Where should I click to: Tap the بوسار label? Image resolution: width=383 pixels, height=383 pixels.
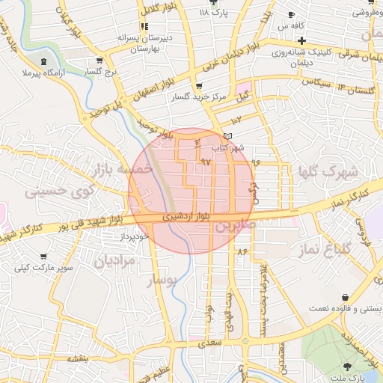162,281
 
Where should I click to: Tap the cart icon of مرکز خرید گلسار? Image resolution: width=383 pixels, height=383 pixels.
197,87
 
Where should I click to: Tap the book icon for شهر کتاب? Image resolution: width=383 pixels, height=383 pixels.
228,135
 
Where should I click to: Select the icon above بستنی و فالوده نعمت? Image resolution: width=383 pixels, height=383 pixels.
345,297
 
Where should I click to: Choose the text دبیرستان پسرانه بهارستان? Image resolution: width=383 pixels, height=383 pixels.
138,43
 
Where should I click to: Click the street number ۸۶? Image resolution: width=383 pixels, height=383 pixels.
242,253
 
